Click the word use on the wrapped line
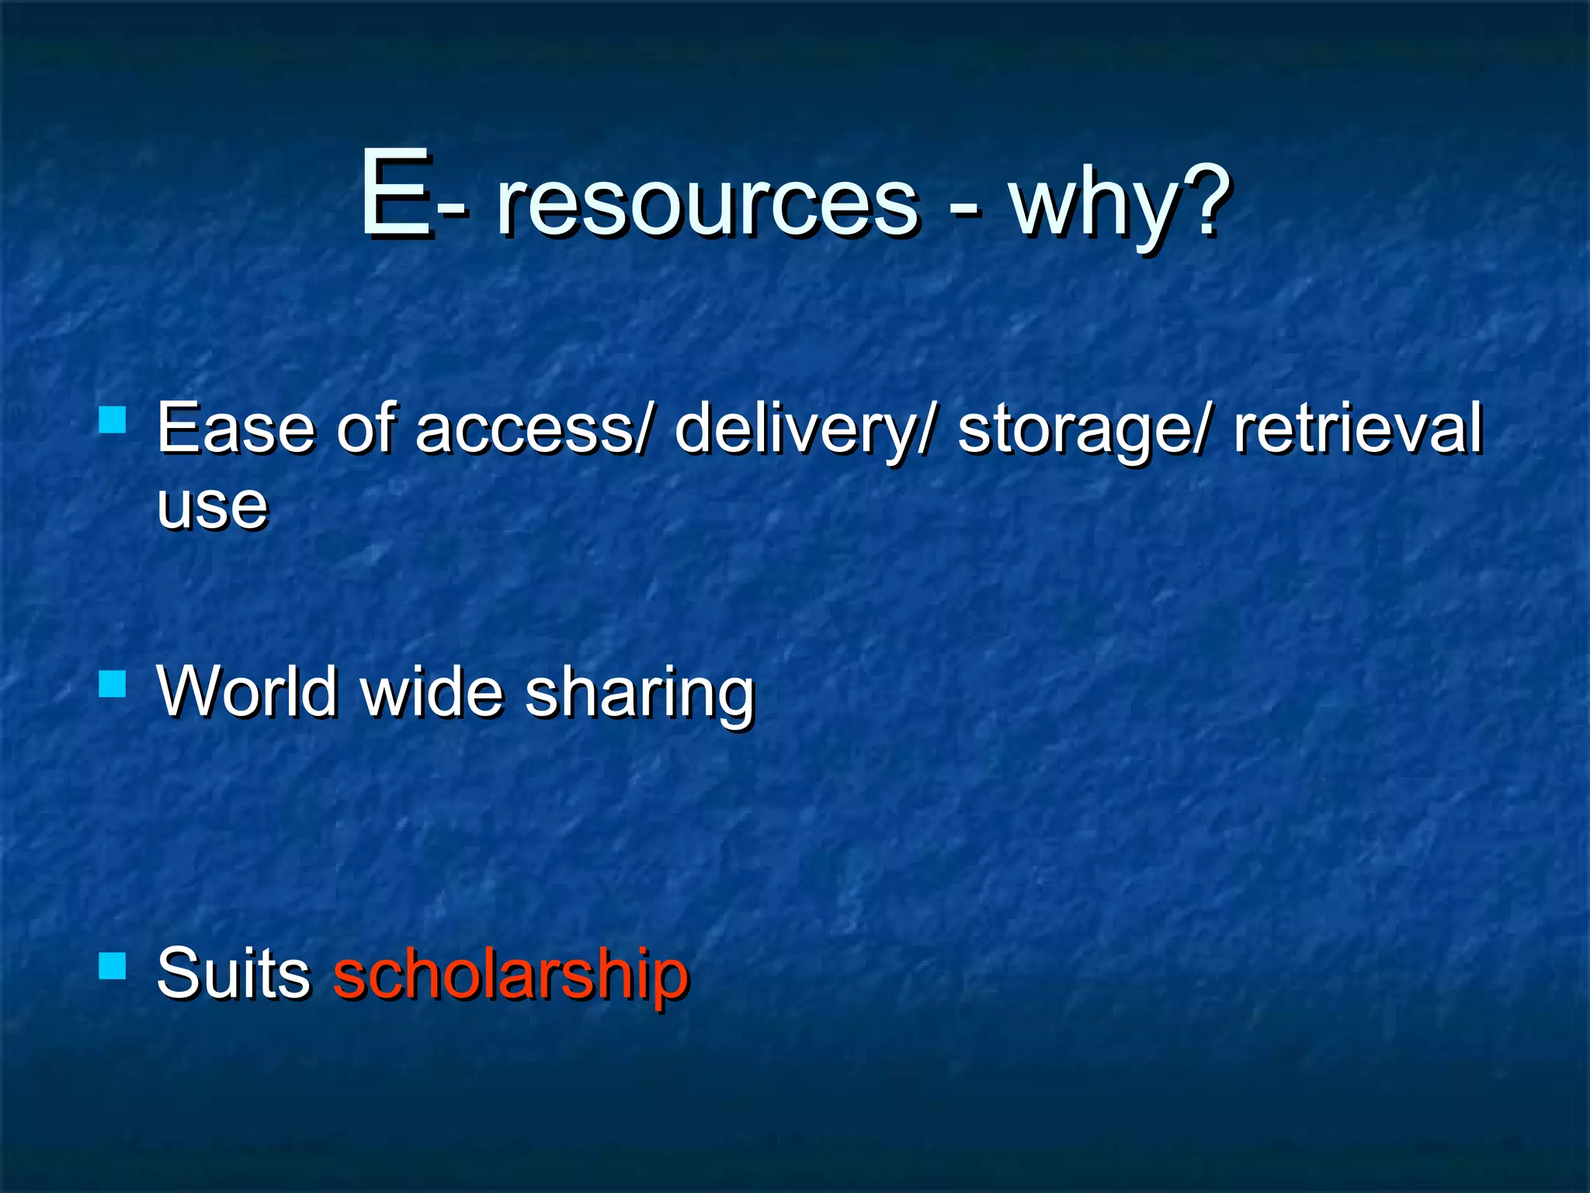(x=212, y=506)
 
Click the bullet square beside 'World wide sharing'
(x=113, y=684)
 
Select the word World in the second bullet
(x=247, y=690)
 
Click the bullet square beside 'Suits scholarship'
(x=113, y=966)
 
